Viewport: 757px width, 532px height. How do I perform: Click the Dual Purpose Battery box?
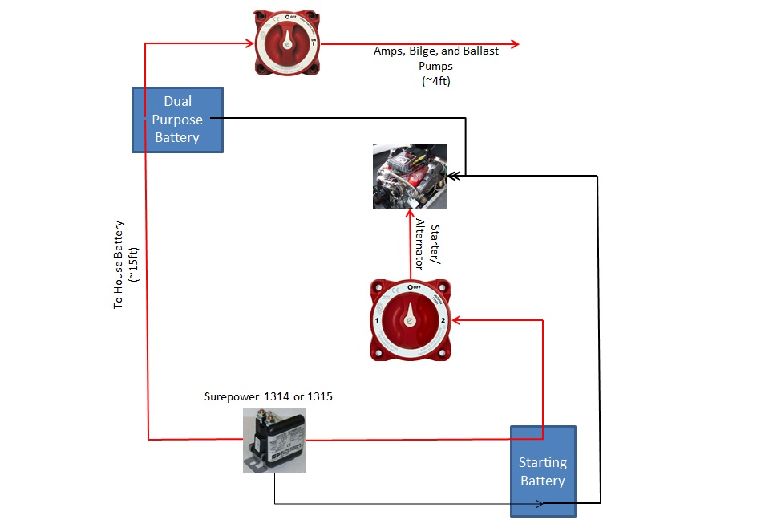(177, 120)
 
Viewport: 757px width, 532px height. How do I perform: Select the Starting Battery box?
(543, 471)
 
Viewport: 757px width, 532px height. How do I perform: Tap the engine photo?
(410, 176)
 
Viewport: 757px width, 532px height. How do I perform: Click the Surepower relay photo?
(273, 440)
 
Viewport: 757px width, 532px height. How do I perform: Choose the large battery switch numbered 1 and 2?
(409, 319)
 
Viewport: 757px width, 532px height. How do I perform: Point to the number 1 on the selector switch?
(377, 321)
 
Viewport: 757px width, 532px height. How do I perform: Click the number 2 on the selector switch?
(442, 320)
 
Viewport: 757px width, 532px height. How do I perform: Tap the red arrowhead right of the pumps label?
(514, 44)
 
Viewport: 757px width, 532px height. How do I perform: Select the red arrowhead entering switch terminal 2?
(455, 320)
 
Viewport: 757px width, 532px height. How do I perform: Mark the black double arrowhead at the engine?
(453, 174)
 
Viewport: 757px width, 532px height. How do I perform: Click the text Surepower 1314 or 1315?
(269, 396)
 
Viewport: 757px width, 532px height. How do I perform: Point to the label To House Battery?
(118, 265)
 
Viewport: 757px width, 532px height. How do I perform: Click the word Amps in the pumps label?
(389, 51)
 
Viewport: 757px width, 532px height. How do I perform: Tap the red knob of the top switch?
(285, 43)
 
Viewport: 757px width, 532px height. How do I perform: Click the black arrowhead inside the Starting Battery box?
(541, 503)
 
